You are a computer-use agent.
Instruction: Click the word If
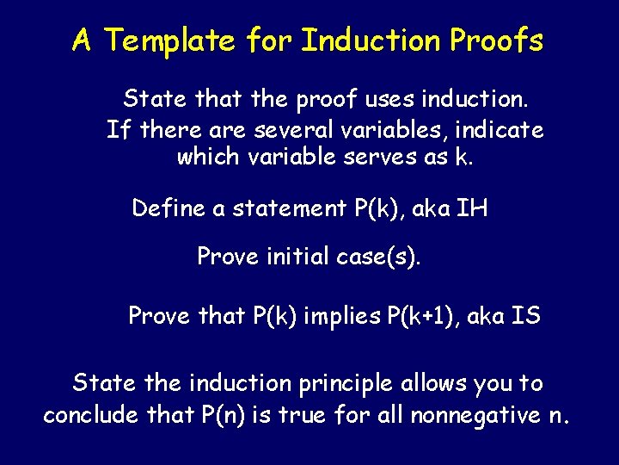[118, 130]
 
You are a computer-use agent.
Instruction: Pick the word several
[322, 130]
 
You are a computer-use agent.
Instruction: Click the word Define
[169, 208]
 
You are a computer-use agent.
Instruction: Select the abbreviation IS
[526, 316]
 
